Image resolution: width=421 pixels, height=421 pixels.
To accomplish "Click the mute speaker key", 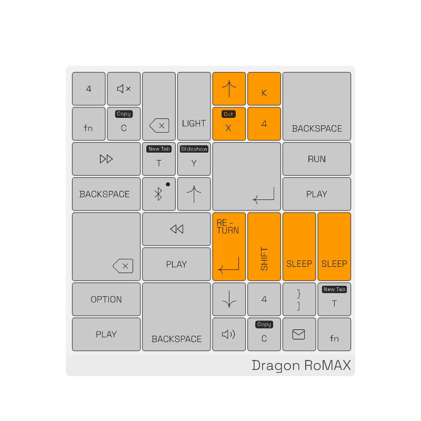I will coord(124,89).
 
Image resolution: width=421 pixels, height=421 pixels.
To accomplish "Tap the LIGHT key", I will coord(194,106).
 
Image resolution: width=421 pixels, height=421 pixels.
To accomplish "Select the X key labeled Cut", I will coord(229,124).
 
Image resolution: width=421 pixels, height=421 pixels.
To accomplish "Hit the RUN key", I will coord(317,159).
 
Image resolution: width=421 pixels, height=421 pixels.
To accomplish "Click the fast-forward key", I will coord(106,159).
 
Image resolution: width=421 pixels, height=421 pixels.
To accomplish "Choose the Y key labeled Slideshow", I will coord(194,159).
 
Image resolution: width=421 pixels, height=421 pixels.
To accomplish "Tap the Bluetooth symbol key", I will coord(158,194).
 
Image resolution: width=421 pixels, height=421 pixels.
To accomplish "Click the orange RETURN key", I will coord(229,246).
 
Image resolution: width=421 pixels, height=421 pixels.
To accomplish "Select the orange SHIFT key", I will coord(264,246).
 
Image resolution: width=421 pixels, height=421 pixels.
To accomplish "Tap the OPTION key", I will coord(106,299).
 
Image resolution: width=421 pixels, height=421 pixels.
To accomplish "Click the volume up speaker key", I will coord(229,334).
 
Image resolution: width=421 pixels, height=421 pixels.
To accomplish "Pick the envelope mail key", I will coord(299,334).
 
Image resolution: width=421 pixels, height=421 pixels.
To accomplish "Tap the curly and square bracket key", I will coord(299,299).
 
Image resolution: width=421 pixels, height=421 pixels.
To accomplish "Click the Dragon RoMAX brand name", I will coord(301,365).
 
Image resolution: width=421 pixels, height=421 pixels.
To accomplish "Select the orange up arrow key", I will coord(229,89).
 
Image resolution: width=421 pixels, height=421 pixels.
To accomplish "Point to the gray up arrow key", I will coord(194,194).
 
